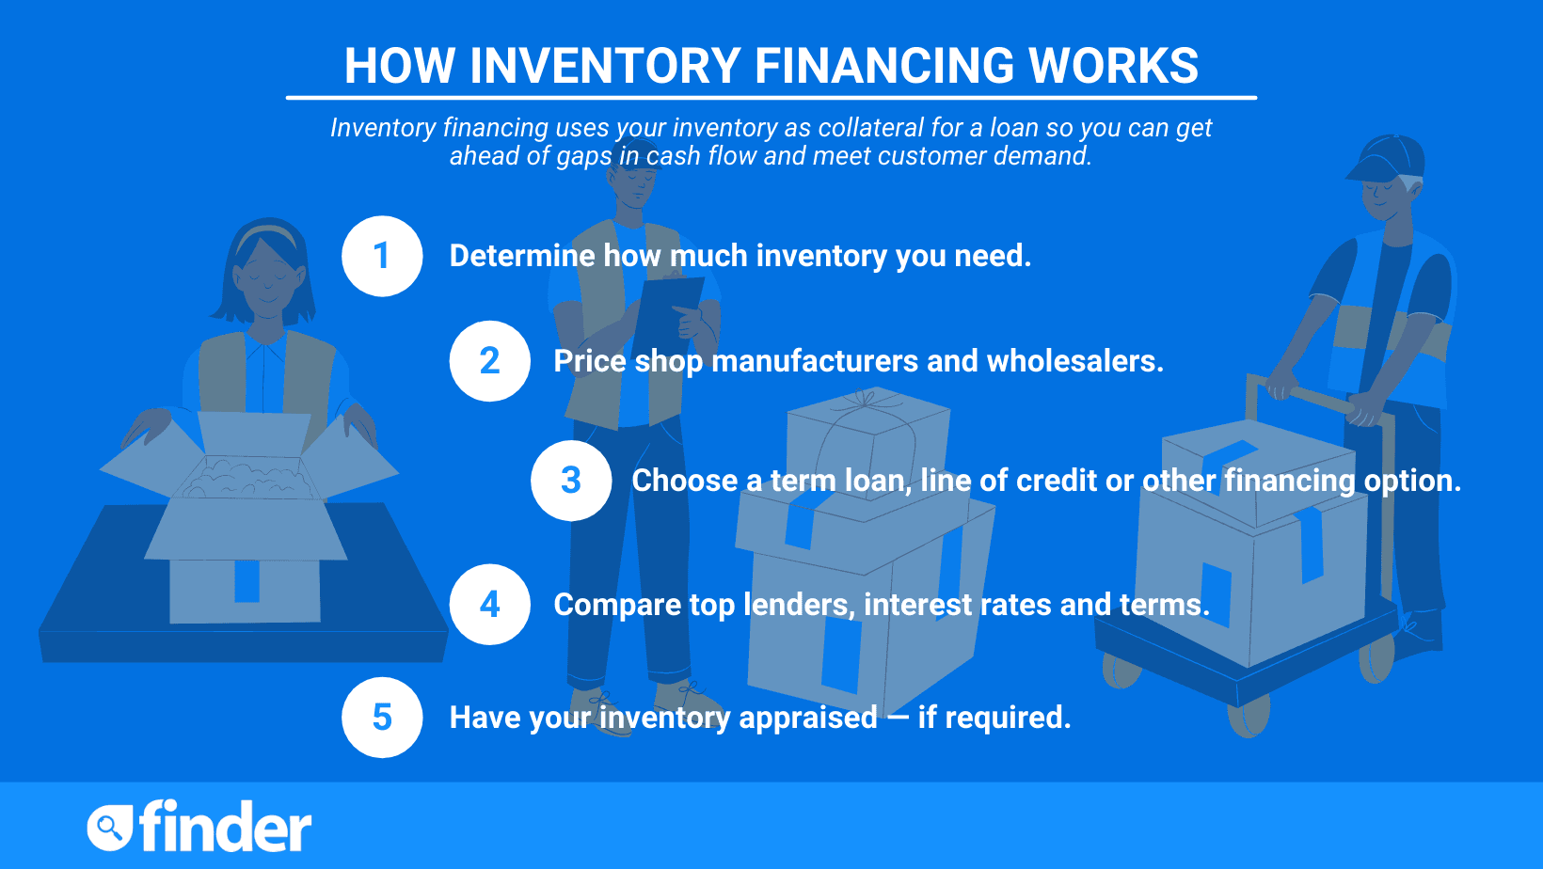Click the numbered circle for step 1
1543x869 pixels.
pyautogui.click(x=382, y=256)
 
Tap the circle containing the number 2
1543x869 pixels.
pyautogui.click(x=490, y=361)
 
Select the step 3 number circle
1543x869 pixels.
pyautogui.click(x=571, y=481)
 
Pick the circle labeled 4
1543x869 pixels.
pyautogui.click(x=490, y=604)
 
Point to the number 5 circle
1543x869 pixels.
pyautogui.click(x=382, y=718)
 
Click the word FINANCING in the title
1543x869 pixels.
pyautogui.click(x=884, y=66)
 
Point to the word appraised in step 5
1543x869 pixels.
pyautogui.click(x=808, y=719)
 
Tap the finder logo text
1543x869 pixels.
pyautogui.click(x=225, y=827)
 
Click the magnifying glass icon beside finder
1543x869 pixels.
pyautogui.click(x=109, y=829)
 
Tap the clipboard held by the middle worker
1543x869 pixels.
pyautogui.click(x=673, y=309)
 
